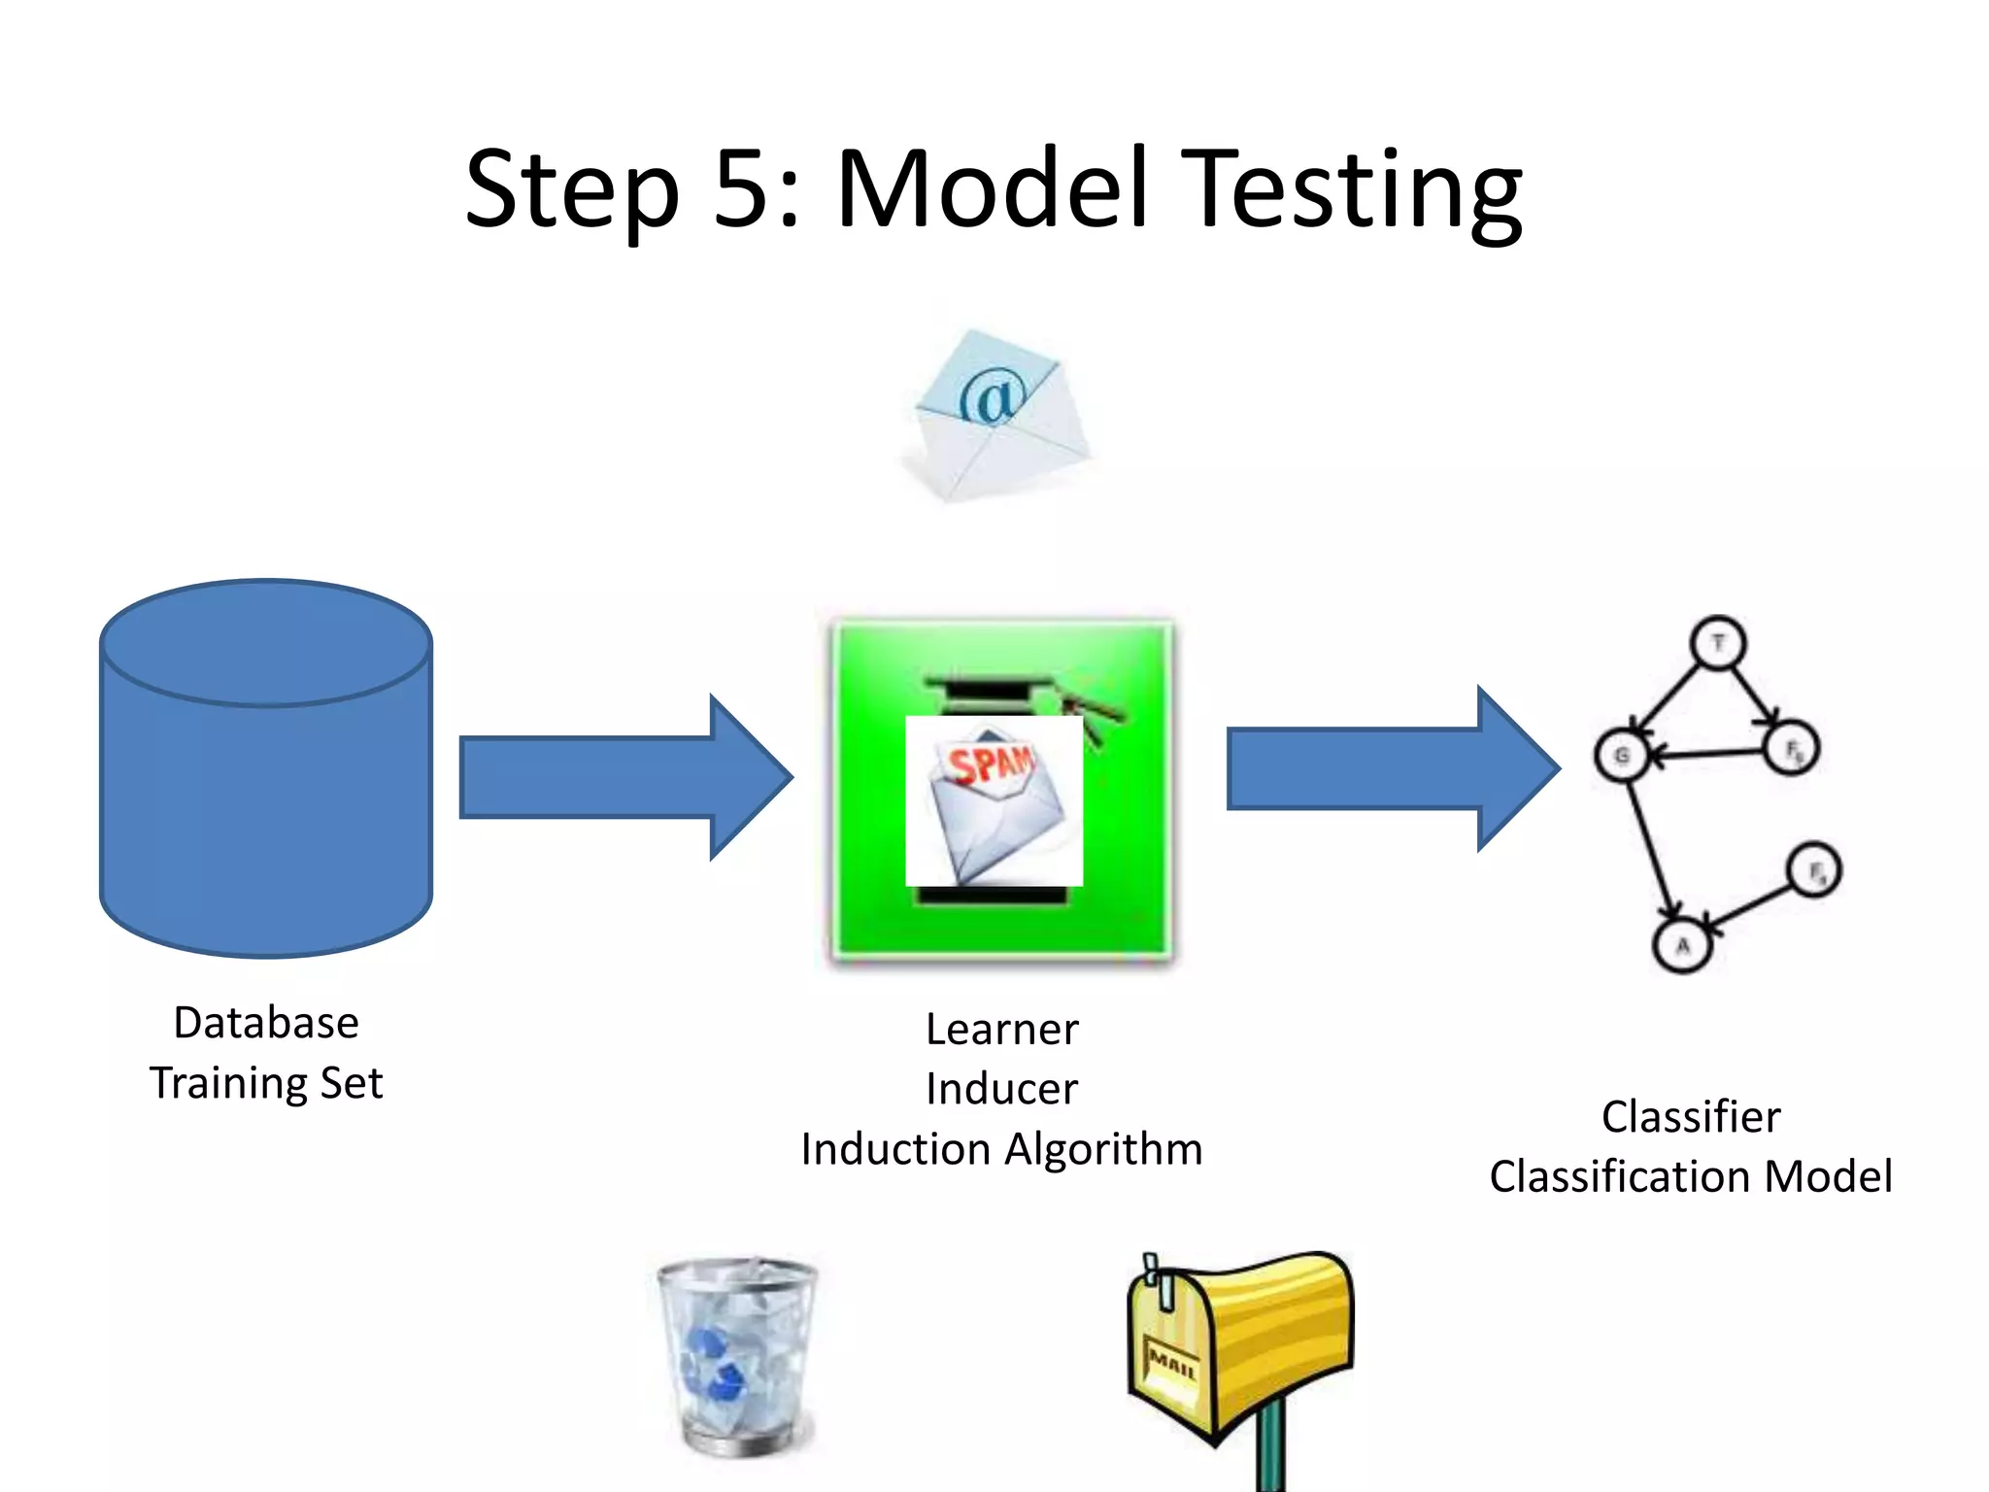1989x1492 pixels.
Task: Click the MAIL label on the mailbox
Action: tap(1171, 1365)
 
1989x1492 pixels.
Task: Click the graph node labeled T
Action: tap(1718, 643)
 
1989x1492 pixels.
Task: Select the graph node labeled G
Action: tap(1622, 756)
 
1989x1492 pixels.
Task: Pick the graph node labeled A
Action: tap(1682, 945)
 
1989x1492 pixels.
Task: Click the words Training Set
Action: tap(266, 1083)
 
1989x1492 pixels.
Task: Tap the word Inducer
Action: tap(1001, 1089)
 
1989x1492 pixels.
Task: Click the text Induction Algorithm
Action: tap(1001, 1149)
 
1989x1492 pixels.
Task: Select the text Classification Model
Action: tap(1691, 1176)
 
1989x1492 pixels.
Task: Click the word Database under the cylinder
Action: tap(266, 1023)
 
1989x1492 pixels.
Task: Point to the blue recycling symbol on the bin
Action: tap(714, 1365)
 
